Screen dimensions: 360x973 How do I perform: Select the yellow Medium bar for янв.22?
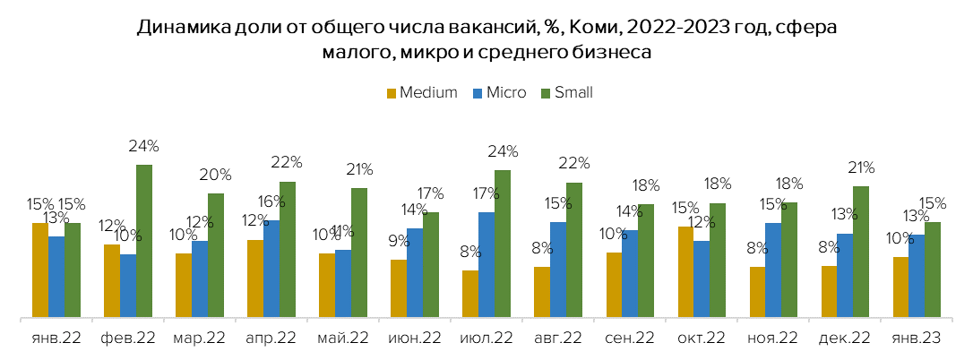[x=40, y=270]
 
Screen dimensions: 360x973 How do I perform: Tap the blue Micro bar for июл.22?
[x=486, y=264]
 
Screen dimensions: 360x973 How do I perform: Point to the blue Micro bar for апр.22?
[x=271, y=269]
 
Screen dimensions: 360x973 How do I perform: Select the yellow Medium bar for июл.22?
[x=470, y=294]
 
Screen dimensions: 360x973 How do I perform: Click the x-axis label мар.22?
[x=200, y=339]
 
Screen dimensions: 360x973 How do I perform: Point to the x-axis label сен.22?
[x=630, y=339]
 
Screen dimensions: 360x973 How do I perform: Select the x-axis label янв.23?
[x=916, y=339]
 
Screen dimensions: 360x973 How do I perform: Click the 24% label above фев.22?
[x=144, y=146]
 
